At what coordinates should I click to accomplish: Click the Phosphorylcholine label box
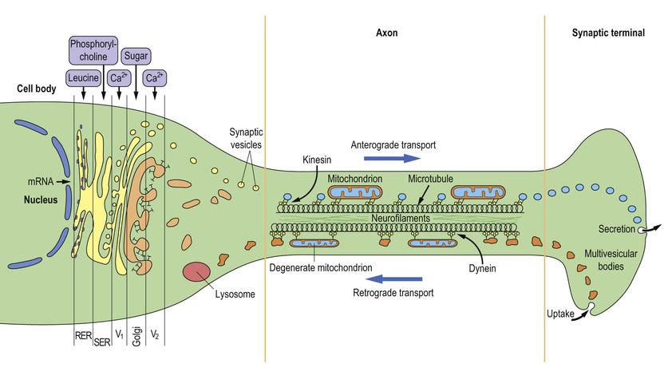tap(93, 49)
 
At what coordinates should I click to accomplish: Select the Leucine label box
tap(84, 78)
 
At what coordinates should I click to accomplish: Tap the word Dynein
tap(483, 269)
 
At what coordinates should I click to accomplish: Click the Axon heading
tap(386, 33)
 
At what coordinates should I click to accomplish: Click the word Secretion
tap(615, 230)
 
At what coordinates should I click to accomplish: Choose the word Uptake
tap(561, 314)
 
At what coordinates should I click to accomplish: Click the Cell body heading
tap(36, 89)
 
